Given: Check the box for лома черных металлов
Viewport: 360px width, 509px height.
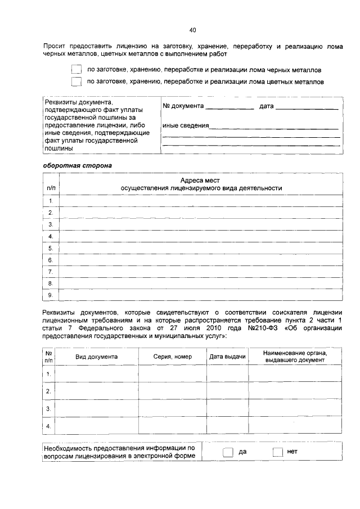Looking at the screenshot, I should [76, 70].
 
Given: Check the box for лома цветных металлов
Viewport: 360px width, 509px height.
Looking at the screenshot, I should [76, 82].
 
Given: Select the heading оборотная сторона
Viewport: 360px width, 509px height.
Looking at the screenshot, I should [78, 165].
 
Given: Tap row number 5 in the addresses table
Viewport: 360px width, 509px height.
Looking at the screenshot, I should [51, 248].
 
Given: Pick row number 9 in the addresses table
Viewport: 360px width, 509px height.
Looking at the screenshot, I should [51, 295].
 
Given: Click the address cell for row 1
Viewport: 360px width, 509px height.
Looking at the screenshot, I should [201, 201].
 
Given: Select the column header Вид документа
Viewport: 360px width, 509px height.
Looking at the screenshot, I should [97, 357].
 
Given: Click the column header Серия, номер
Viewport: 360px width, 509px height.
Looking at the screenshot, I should [173, 357].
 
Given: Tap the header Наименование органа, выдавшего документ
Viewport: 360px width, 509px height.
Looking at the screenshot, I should [295, 356].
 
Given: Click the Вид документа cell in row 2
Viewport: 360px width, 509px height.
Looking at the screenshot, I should [97, 391].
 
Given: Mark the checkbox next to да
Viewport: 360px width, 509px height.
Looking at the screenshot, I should [228, 452].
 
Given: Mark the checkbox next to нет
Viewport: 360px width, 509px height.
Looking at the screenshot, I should [277, 452].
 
